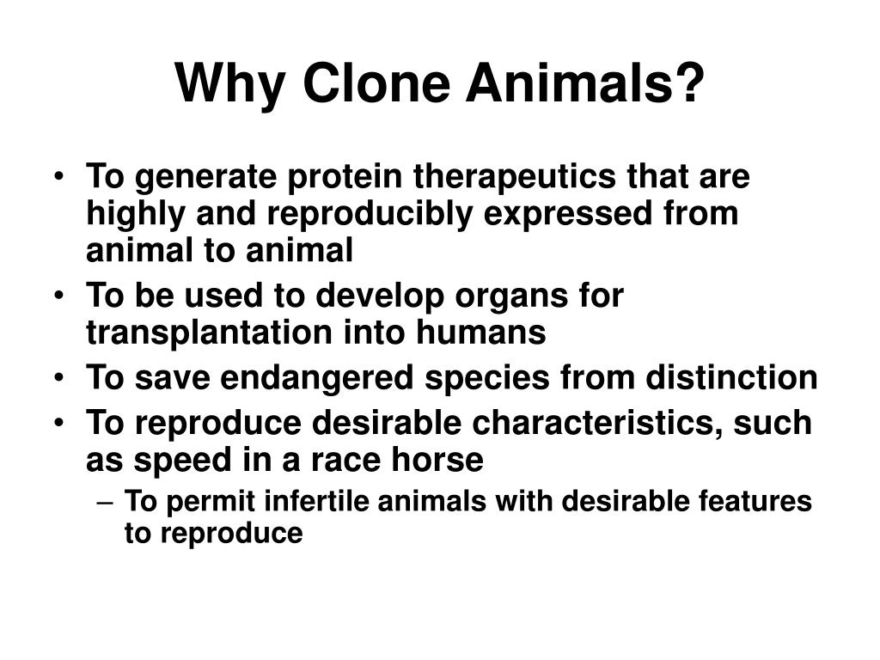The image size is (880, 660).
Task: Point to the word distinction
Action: pos(740,377)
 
